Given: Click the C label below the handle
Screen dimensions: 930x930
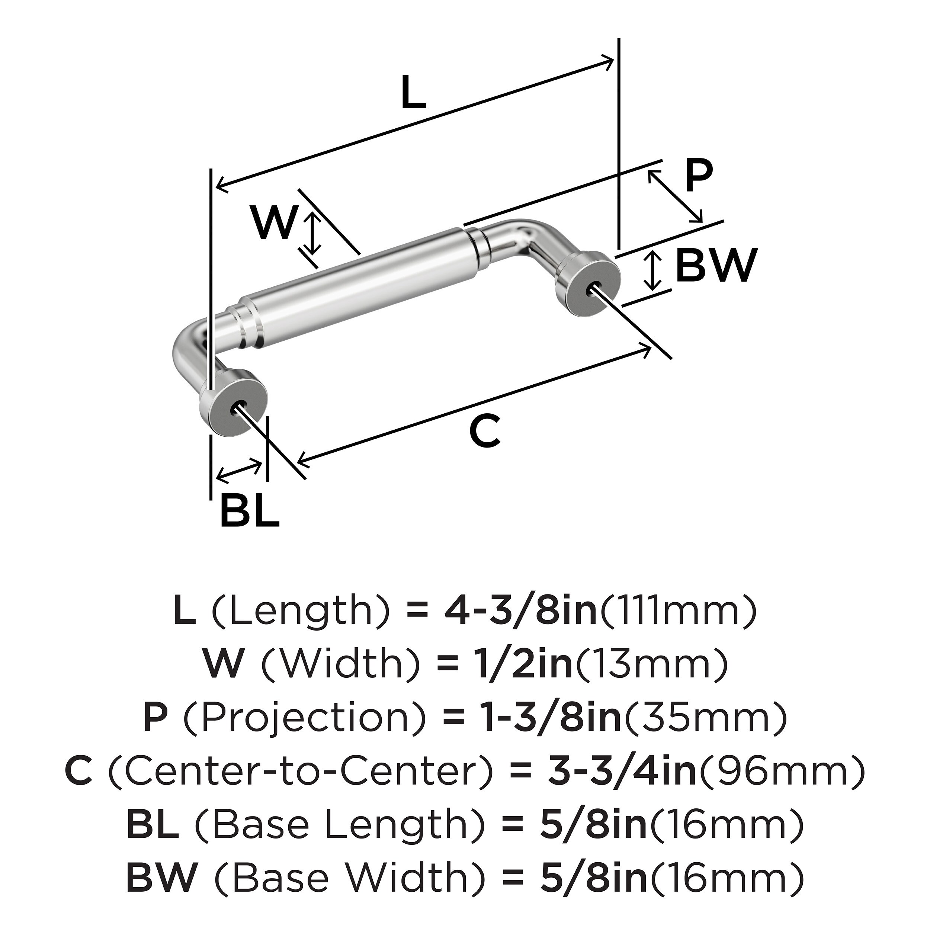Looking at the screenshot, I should click(x=485, y=430).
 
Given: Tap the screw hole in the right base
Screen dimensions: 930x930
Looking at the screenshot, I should click(x=593, y=290).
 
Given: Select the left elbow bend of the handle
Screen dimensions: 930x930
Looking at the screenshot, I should click(x=189, y=346).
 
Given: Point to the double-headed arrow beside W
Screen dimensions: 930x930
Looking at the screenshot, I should click(x=313, y=234).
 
